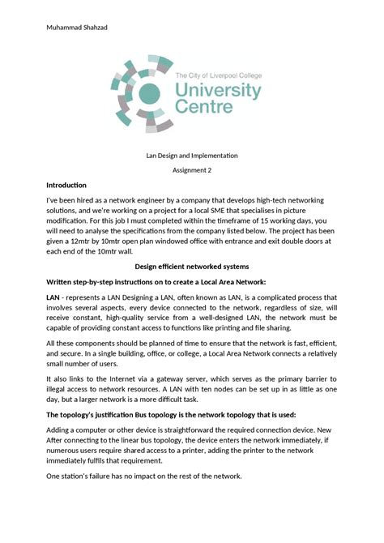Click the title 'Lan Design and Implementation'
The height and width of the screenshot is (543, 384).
point(192,155)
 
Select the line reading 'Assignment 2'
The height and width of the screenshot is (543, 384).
point(192,170)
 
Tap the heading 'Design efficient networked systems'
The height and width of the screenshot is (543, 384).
point(192,266)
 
